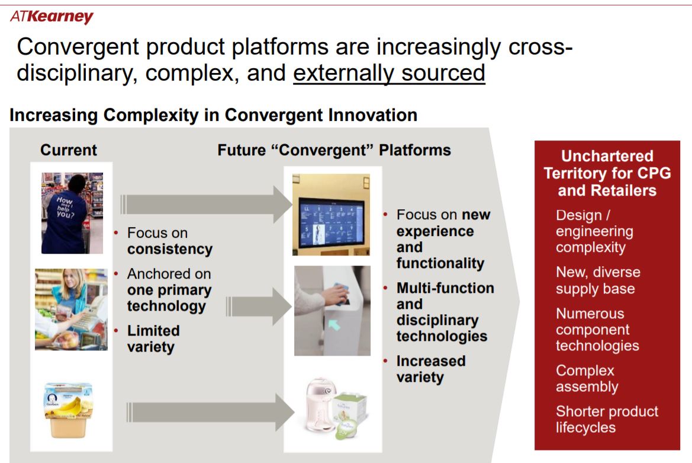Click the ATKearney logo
click(x=52, y=17)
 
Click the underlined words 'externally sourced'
click(x=389, y=73)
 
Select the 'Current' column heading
click(x=69, y=150)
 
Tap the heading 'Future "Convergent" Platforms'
click(x=334, y=150)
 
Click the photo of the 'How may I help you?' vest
click(x=72, y=213)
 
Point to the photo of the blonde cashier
click(x=71, y=309)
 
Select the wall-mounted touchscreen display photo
click(x=331, y=214)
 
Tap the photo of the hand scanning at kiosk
click(x=332, y=310)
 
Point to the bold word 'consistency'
click(x=169, y=249)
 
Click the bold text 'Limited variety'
click(x=153, y=339)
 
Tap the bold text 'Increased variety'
click(x=431, y=369)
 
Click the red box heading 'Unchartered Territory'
click(x=607, y=173)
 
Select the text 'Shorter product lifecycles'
click(x=606, y=419)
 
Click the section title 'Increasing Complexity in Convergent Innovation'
click(x=213, y=114)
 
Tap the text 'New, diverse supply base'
click(x=597, y=280)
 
